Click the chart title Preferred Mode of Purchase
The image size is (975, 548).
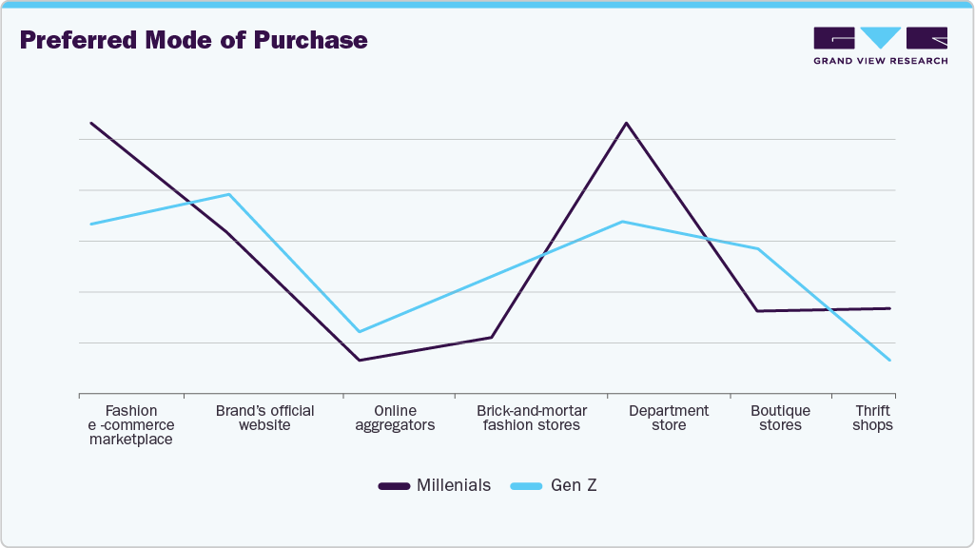pyautogui.click(x=193, y=41)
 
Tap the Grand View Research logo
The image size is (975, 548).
pyautogui.click(x=880, y=46)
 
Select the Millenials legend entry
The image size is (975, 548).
pyautogui.click(x=435, y=485)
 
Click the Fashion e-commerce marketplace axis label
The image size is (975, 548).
pyautogui.click(x=130, y=425)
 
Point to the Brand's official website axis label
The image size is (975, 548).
pyautogui.click(x=264, y=418)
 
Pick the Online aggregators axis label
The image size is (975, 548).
pyautogui.click(x=395, y=418)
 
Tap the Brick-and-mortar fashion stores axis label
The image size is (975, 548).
pyautogui.click(x=531, y=418)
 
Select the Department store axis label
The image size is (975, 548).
pyautogui.click(x=669, y=418)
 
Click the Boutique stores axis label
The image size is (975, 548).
pyautogui.click(x=780, y=418)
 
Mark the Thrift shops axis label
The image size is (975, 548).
pyautogui.click(x=872, y=418)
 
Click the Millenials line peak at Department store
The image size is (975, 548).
pyautogui.click(x=626, y=123)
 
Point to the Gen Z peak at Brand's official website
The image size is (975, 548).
pyautogui.click(x=229, y=194)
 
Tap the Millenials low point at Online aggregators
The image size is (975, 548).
pyautogui.click(x=359, y=360)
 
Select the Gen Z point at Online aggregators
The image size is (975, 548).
pyautogui.click(x=359, y=331)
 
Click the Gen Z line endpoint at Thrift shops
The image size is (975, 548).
pyautogui.click(x=890, y=361)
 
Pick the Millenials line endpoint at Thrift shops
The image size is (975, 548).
pyautogui.click(x=890, y=308)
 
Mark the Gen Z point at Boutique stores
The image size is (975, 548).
pyautogui.click(x=758, y=249)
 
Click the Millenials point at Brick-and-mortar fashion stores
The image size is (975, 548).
pyautogui.click(x=492, y=337)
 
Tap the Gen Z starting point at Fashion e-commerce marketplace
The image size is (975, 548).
pyautogui.click(x=90, y=224)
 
